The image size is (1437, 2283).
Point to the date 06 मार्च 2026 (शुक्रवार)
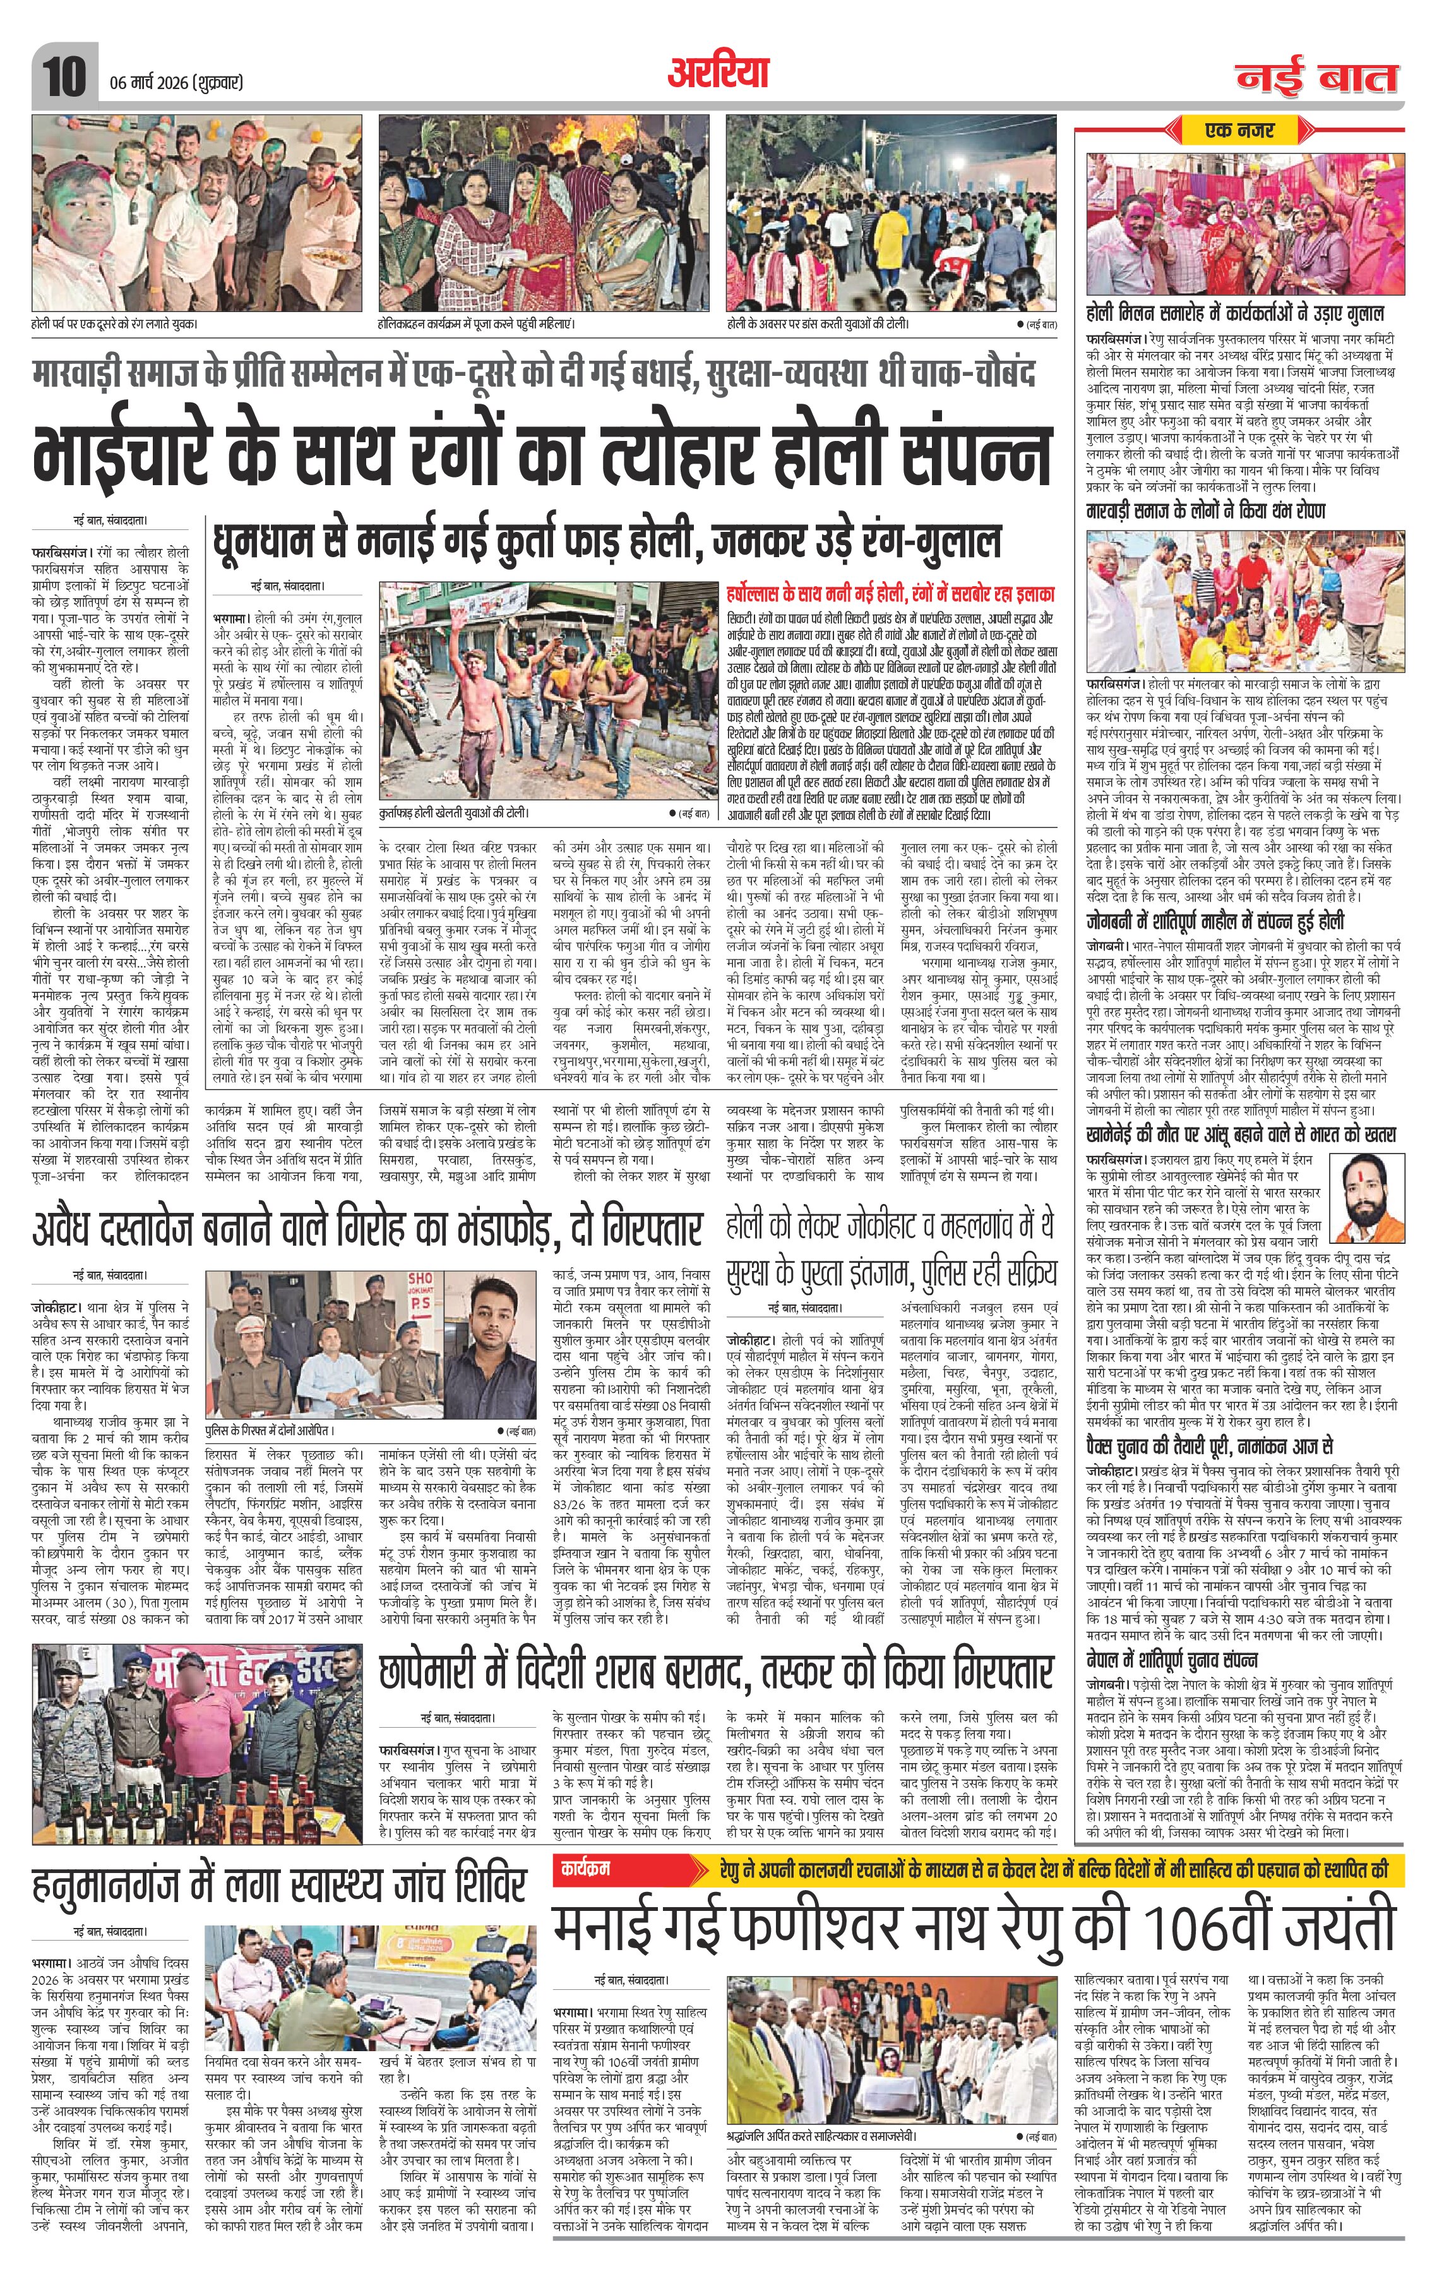coord(172,83)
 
